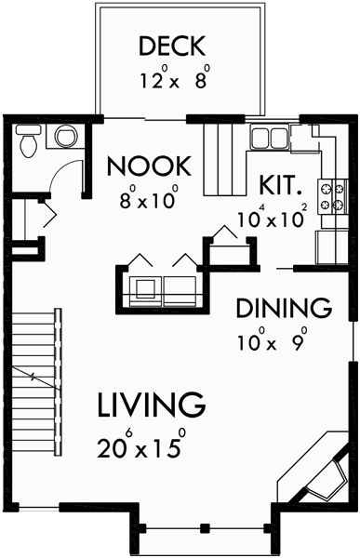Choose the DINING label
pos(284,307)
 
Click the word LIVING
pos(150,405)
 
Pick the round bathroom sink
pos(66,138)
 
